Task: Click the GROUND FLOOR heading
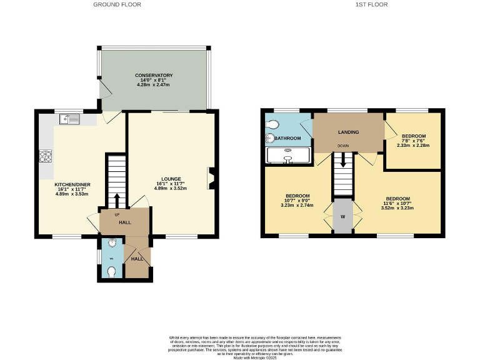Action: pos(117,4)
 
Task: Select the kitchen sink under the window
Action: pos(68,119)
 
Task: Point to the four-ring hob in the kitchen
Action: pos(46,156)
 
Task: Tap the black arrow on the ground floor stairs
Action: pos(116,201)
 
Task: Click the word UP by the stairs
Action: pos(116,214)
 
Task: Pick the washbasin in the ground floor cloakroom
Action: pos(112,243)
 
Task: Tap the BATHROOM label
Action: pos(287,138)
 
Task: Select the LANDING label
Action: pos(348,132)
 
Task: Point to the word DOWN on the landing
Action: pos(343,146)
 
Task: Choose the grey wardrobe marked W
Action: pos(343,217)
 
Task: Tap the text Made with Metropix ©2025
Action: pos(239,357)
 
